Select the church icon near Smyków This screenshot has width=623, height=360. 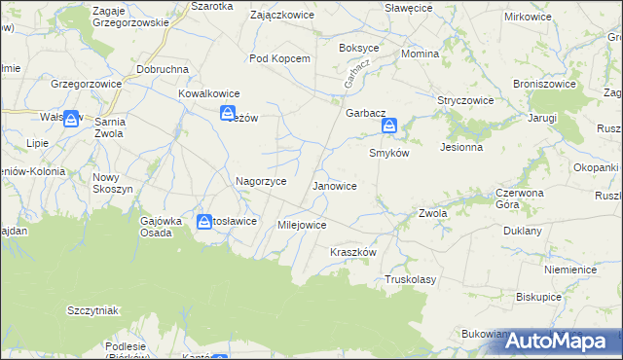tap(389, 126)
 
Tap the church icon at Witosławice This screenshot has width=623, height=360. tap(204, 222)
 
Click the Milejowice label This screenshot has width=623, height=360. tap(302, 225)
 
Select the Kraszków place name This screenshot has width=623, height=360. tap(352, 251)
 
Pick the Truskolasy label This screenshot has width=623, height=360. tap(410, 278)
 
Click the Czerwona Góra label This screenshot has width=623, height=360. tap(495, 198)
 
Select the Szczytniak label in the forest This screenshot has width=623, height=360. tap(92, 310)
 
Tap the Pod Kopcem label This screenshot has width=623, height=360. tap(279, 58)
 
